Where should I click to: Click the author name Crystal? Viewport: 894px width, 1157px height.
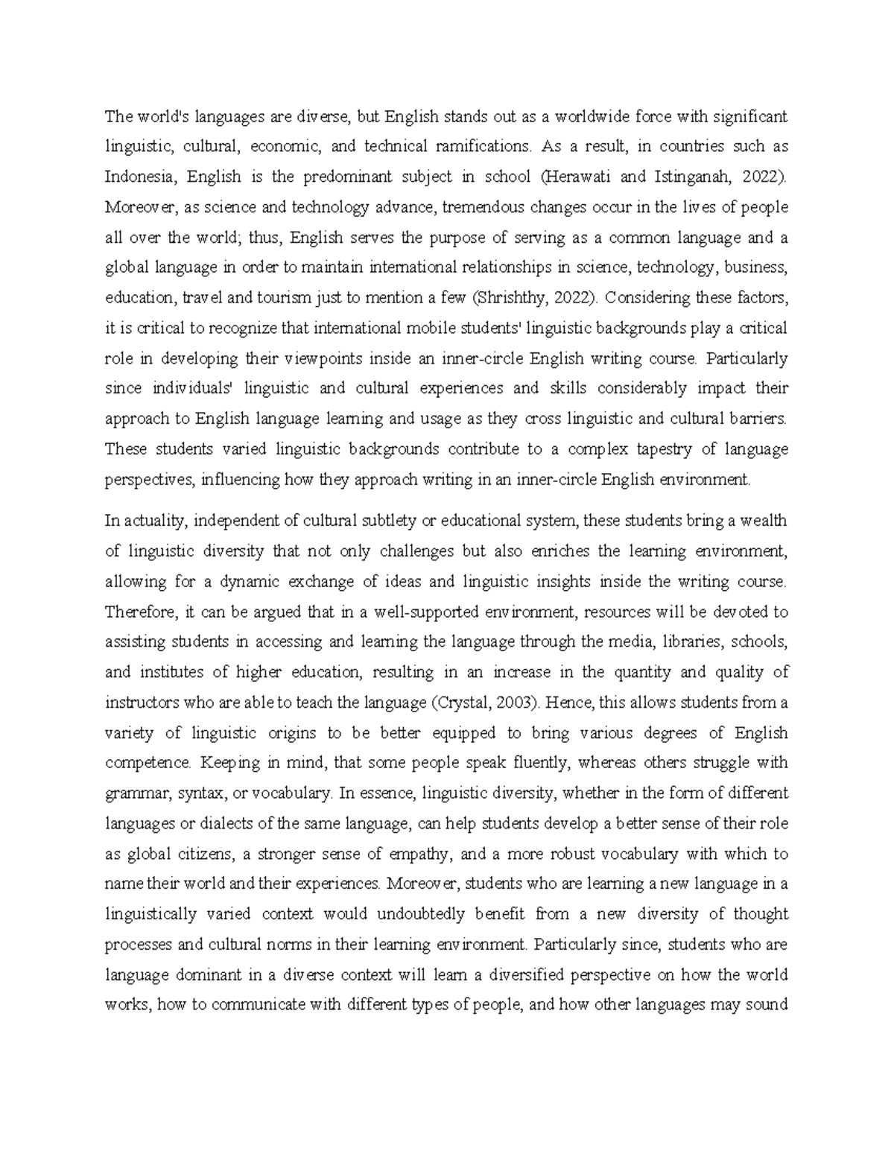tap(463, 703)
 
